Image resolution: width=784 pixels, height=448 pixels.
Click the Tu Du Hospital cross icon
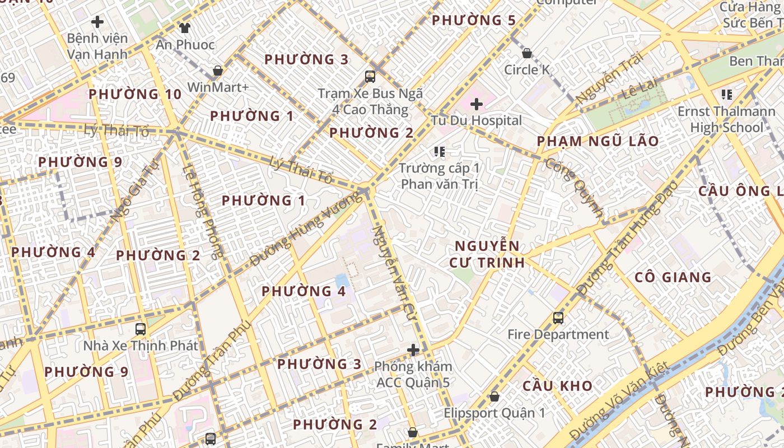click(477, 104)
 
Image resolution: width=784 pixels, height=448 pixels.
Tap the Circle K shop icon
click(527, 54)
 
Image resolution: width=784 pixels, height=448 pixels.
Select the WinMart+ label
click(218, 87)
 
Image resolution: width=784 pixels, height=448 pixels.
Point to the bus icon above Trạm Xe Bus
click(370, 76)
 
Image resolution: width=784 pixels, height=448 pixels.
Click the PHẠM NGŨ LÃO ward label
click(598, 141)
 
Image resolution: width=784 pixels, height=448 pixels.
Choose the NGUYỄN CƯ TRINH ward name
click(487, 254)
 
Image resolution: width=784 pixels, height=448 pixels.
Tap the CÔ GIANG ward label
click(673, 277)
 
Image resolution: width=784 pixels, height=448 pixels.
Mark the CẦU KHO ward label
click(557, 386)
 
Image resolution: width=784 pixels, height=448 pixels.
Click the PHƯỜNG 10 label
click(135, 94)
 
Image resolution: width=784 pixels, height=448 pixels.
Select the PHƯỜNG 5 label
click(474, 21)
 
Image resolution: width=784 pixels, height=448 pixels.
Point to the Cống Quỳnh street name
click(574, 188)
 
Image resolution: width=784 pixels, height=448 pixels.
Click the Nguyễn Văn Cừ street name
click(394, 269)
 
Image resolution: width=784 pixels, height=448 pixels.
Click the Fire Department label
click(558, 335)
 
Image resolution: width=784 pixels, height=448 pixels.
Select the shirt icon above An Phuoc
click(185, 27)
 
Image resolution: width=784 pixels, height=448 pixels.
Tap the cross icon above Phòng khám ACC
click(413, 350)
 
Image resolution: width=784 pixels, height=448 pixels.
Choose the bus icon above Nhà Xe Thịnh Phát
click(141, 329)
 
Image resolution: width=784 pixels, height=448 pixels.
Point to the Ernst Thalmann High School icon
click(727, 95)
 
